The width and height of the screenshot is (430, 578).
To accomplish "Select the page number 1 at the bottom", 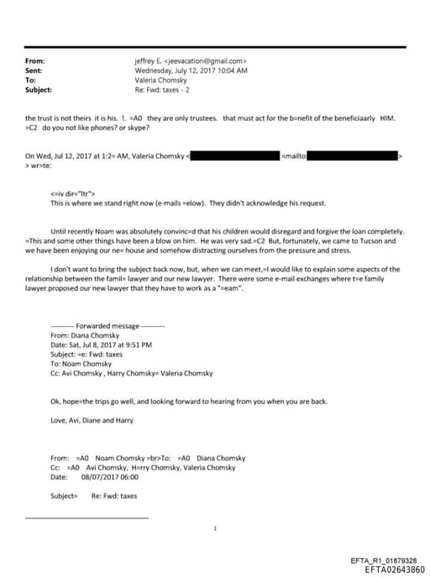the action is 215,528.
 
